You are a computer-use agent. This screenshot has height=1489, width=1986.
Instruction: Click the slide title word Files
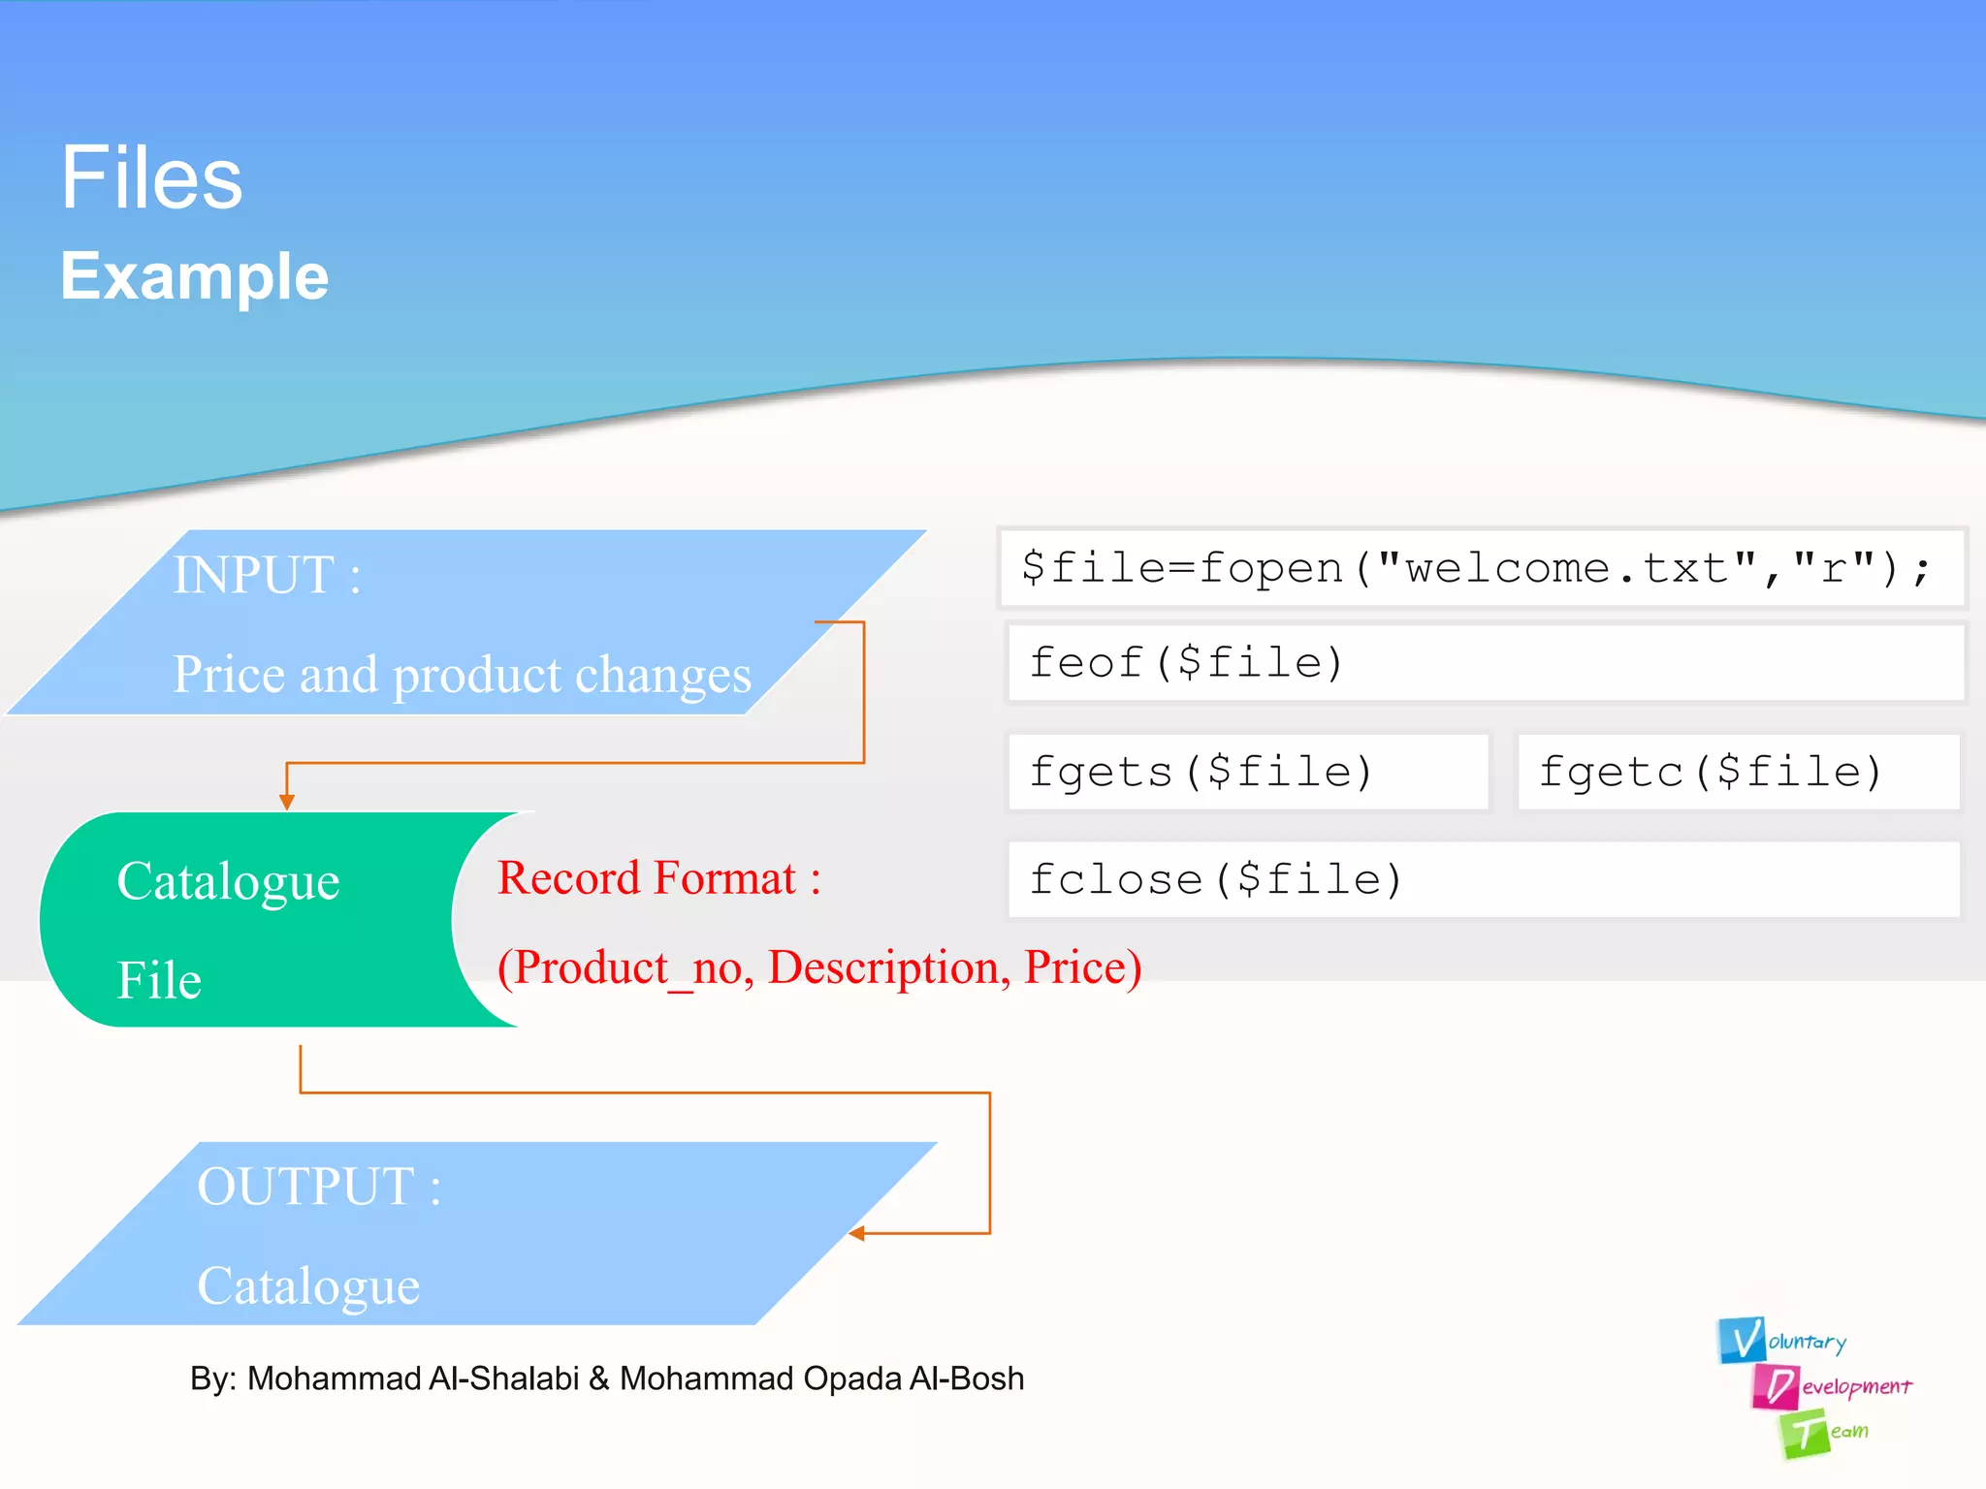pos(151,178)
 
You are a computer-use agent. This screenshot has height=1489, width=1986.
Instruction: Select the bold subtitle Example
pos(195,276)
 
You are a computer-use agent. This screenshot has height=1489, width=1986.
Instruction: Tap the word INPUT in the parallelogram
pos(254,575)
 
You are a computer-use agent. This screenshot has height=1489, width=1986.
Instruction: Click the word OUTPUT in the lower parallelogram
pos(306,1187)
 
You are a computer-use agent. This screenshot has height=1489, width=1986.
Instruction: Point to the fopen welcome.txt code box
pos(1480,568)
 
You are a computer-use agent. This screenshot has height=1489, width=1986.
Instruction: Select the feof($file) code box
pos(1485,663)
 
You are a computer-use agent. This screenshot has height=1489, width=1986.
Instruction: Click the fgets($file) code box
pos(1247,772)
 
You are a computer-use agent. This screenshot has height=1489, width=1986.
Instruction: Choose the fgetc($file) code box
pos(1737,772)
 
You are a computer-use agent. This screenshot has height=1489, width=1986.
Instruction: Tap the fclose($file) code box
pos(1483,879)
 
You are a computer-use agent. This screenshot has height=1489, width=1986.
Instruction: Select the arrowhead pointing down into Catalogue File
pos(287,802)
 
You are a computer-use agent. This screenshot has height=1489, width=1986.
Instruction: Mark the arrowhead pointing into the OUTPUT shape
pos(857,1233)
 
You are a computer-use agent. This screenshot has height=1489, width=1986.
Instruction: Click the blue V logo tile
pos(1742,1340)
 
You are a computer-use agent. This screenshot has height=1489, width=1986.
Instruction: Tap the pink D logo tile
pos(1776,1386)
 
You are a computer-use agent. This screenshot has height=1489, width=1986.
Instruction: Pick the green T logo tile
pos(1803,1434)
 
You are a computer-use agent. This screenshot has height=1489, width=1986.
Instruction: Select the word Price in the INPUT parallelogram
pos(228,675)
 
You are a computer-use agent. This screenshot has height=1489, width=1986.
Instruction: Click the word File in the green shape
pos(159,980)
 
